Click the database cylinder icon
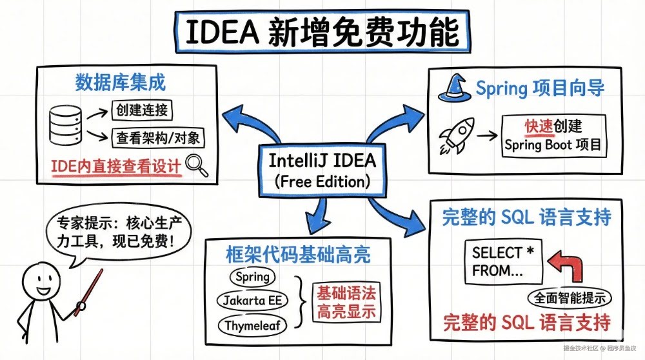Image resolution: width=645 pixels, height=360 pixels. tap(66, 126)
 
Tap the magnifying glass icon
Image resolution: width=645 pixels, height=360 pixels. tap(197, 165)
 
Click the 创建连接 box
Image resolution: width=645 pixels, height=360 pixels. tap(143, 110)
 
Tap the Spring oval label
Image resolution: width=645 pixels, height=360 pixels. tap(252, 277)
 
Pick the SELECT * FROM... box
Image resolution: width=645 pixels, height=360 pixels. tap(502, 261)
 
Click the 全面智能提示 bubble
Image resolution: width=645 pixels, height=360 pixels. tap(570, 298)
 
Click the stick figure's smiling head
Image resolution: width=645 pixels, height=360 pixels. tap(43, 282)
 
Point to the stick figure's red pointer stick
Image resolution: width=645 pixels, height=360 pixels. tap(89, 292)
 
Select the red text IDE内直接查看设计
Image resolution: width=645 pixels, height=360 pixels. tap(116, 165)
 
